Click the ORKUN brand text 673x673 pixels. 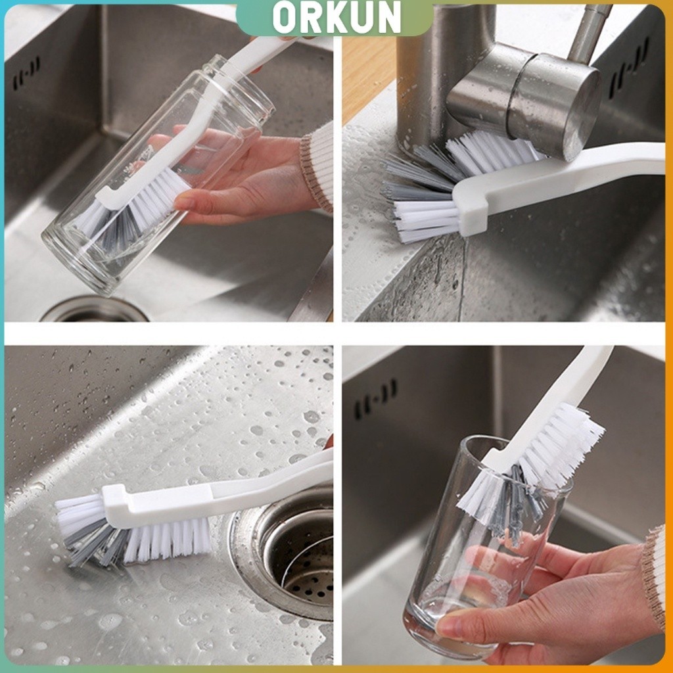pyautogui.click(x=336, y=18)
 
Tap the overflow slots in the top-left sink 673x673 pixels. pyautogui.click(x=26, y=72)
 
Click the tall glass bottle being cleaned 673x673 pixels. pyautogui.click(x=158, y=175)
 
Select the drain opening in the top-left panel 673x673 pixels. pyautogui.click(x=95, y=309)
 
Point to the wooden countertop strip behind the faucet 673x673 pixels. pyautogui.click(x=368, y=78)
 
